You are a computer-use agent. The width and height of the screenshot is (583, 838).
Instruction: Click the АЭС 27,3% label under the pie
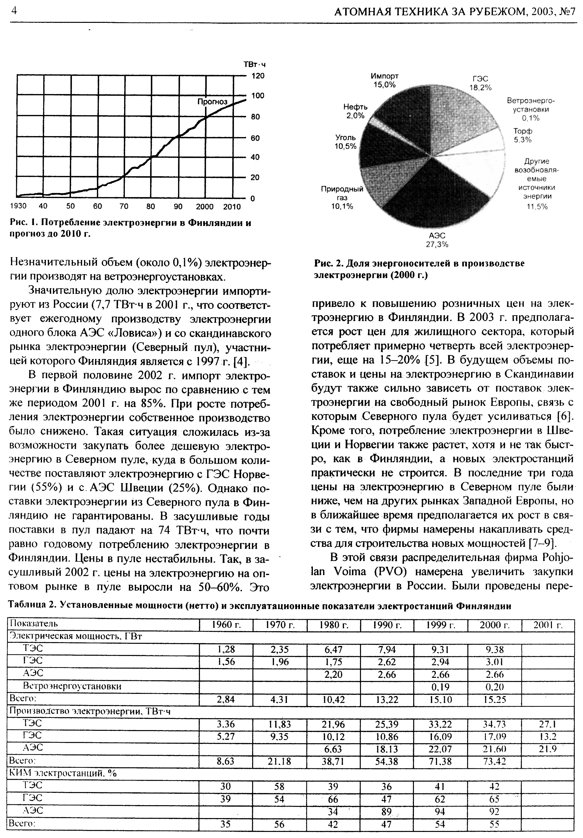pyautogui.click(x=437, y=240)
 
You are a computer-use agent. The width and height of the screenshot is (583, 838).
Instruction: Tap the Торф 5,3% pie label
pyautogui.click(x=523, y=135)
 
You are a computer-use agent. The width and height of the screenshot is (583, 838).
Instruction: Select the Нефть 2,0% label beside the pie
pyautogui.click(x=355, y=111)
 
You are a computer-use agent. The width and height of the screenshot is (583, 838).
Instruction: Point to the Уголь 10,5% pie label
pyautogui.click(x=345, y=142)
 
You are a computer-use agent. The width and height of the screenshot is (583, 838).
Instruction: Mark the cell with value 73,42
pyautogui.click(x=494, y=762)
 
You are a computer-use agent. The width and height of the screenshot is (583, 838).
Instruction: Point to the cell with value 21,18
pyautogui.click(x=280, y=762)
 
